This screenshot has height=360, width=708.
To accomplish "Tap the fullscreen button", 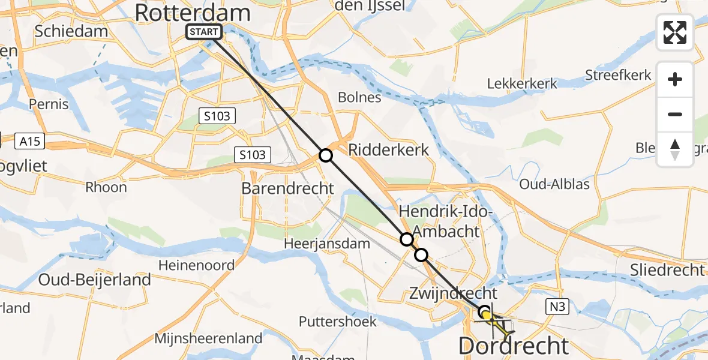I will (x=675, y=32).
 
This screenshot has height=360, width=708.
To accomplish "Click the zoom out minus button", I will (x=675, y=114).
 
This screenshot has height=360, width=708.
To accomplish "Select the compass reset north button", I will (x=675, y=149).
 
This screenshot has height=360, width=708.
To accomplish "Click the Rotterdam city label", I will (x=192, y=13).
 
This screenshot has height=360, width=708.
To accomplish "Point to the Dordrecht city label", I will (x=514, y=346).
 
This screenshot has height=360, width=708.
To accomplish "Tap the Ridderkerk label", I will (x=389, y=149).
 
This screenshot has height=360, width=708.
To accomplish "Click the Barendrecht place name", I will (x=287, y=188).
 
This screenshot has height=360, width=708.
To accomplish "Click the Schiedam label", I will (x=71, y=31).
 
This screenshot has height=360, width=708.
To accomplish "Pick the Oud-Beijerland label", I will (x=94, y=280).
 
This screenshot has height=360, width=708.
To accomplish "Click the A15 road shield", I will (x=32, y=142).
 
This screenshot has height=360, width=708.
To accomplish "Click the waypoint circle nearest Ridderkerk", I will (x=325, y=155).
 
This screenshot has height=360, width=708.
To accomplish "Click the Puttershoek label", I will (x=339, y=322).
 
